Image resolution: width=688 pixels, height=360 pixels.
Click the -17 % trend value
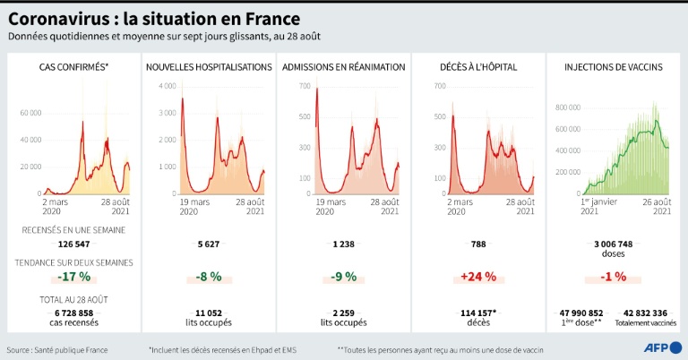pyautogui.click(x=75, y=277)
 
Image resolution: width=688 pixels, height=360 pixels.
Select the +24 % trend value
pyautogui.click(x=480, y=277)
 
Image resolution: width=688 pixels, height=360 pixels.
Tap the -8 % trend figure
pyautogui.click(x=209, y=277)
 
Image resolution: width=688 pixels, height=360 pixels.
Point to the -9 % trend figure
pyautogui.click(x=344, y=277)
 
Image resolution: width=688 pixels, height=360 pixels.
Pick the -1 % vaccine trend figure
pyautogui.click(x=614, y=277)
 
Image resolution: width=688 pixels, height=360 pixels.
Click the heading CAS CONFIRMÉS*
pyautogui.click(x=74, y=67)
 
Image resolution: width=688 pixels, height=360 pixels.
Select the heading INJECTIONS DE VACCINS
pyautogui.click(x=614, y=67)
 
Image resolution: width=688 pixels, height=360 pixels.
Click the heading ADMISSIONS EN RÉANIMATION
pyautogui.click(x=344, y=67)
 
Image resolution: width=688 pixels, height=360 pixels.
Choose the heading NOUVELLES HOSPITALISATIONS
pyautogui.click(x=209, y=67)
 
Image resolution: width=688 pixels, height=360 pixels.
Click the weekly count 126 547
pyautogui.click(x=75, y=244)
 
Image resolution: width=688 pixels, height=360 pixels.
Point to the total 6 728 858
pyautogui.click(x=75, y=313)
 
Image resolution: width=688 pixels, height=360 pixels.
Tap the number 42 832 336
pyautogui.click(x=645, y=313)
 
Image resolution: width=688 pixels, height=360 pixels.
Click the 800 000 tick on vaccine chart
pyautogui.click(x=570, y=107)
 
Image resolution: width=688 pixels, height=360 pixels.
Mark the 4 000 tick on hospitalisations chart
pyautogui.click(x=168, y=86)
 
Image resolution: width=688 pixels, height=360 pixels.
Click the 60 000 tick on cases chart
pyautogui.click(x=30, y=113)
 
